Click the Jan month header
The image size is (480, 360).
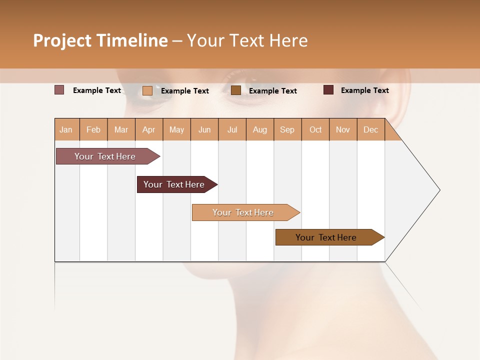coord(66,130)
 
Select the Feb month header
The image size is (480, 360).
coord(93,130)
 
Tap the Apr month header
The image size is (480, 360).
coord(149,130)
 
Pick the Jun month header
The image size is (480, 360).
coord(204,130)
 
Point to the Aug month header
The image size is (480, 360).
coord(260,130)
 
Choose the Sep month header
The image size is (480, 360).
coord(287,130)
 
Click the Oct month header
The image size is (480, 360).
coord(315,130)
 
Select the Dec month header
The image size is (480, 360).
coord(371,130)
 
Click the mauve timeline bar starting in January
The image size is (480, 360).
coord(105,156)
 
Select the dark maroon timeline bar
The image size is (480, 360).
coord(174,184)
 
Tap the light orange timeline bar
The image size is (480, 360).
coord(243,212)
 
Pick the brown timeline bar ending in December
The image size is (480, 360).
coord(326,237)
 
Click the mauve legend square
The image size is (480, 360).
coord(59,90)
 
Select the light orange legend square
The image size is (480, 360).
coord(147,90)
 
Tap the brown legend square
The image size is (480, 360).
coord(236,90)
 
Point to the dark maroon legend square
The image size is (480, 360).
coord(328,90)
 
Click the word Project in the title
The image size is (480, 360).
coord(62,41)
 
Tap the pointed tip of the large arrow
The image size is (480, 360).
coord(438,190)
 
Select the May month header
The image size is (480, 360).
coord(176,130)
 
